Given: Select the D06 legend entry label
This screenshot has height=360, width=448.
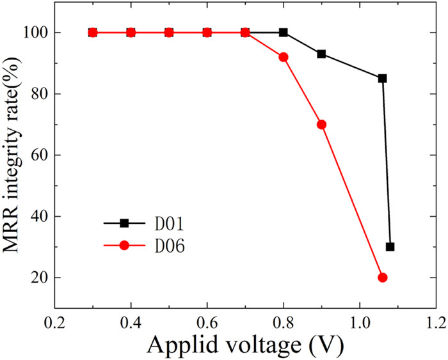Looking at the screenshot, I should click(165, 246).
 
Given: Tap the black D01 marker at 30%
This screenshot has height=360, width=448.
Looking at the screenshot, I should click(390, 247).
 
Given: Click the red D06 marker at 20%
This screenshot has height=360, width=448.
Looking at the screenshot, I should click(383, 278).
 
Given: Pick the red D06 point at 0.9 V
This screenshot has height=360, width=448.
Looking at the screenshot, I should click(321, 124).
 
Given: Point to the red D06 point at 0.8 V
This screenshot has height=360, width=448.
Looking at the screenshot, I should click(284, 57).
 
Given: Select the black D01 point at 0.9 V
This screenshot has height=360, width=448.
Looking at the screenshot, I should click(321, 54).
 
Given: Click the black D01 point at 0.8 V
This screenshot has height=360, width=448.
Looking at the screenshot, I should click(284, 32).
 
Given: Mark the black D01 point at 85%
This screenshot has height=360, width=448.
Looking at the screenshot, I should click(383, 79).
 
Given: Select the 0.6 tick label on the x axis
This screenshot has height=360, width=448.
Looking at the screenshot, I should click(207, 320).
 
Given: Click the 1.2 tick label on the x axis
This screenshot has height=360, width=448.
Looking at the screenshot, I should click(435, 320).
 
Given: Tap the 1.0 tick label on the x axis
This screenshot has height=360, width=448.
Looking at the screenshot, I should click(359, 320).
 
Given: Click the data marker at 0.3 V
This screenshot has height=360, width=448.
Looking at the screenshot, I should click(92, 32).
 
